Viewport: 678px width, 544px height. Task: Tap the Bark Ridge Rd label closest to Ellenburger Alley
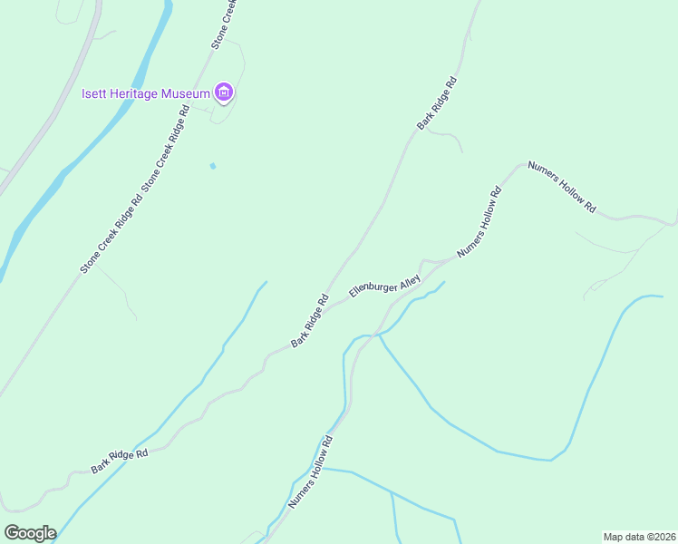pos(309,321)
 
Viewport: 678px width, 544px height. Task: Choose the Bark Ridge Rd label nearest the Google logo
pos(119,461)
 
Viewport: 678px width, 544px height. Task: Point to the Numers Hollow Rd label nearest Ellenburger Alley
pos(479,222)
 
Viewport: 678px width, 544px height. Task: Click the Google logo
pos(30,533)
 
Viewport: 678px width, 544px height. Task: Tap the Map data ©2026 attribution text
pos(639,536)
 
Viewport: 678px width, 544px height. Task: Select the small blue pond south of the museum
pos(213,166)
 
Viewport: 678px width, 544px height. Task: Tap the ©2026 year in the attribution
pos(657,536)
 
